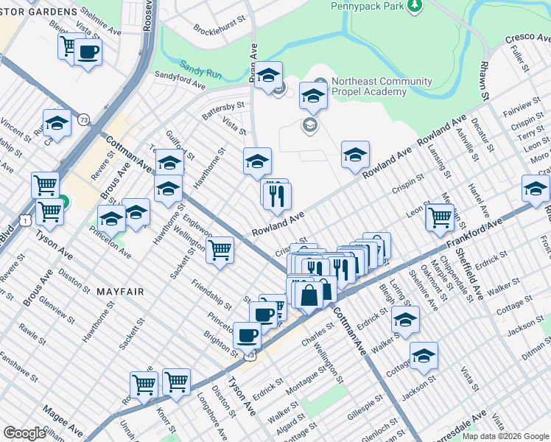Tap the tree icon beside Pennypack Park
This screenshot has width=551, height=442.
[x=416, y=7]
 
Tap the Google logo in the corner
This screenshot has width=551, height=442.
[x=24, y=433]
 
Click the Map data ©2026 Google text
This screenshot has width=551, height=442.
[x=505, y=436]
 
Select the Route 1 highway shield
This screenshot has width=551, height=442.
[x=26, y=220]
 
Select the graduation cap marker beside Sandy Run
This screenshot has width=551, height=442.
[x=269, y=74]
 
